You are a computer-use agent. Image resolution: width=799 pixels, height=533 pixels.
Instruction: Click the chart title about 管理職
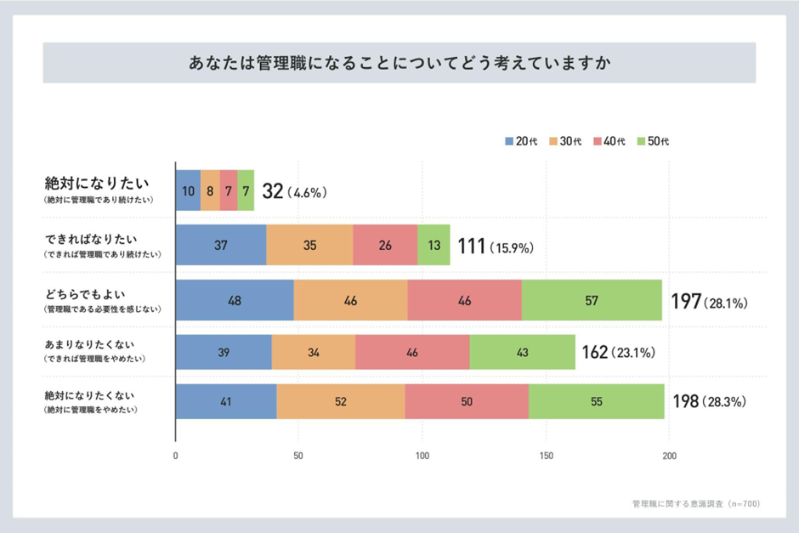(x=399, y=64)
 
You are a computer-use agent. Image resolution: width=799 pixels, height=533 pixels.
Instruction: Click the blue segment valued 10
(x=188, y=190)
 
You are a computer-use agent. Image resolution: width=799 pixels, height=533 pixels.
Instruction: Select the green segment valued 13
(x=433, y=245)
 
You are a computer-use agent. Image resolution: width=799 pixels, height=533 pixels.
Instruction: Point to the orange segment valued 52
(x=340, y=401)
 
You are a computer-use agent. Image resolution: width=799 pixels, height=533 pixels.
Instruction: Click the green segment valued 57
(x=592, y=300)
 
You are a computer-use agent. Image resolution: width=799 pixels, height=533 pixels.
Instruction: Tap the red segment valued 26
(x=385, y=245)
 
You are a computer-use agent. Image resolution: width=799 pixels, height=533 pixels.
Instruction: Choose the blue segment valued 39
(x=224, y=352)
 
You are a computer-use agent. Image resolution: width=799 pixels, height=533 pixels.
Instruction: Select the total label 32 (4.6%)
(x=294, y=192)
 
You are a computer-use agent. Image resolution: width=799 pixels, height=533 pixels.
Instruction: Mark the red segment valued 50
(x=467, y=401)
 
